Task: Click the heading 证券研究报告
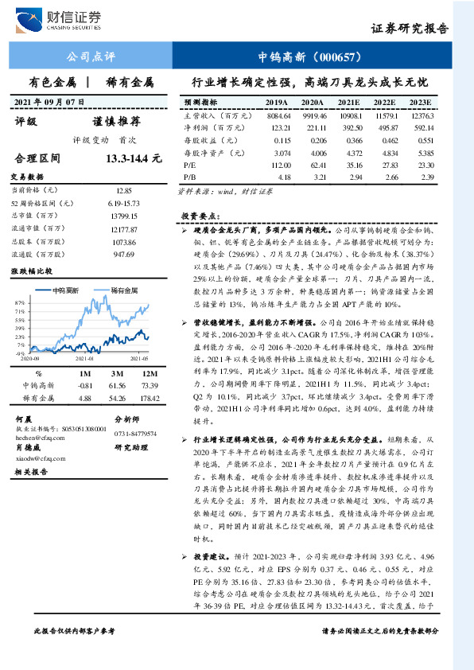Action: pos(410,28)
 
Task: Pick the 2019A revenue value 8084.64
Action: pos(277,115)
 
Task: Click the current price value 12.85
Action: pos(124,191)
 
